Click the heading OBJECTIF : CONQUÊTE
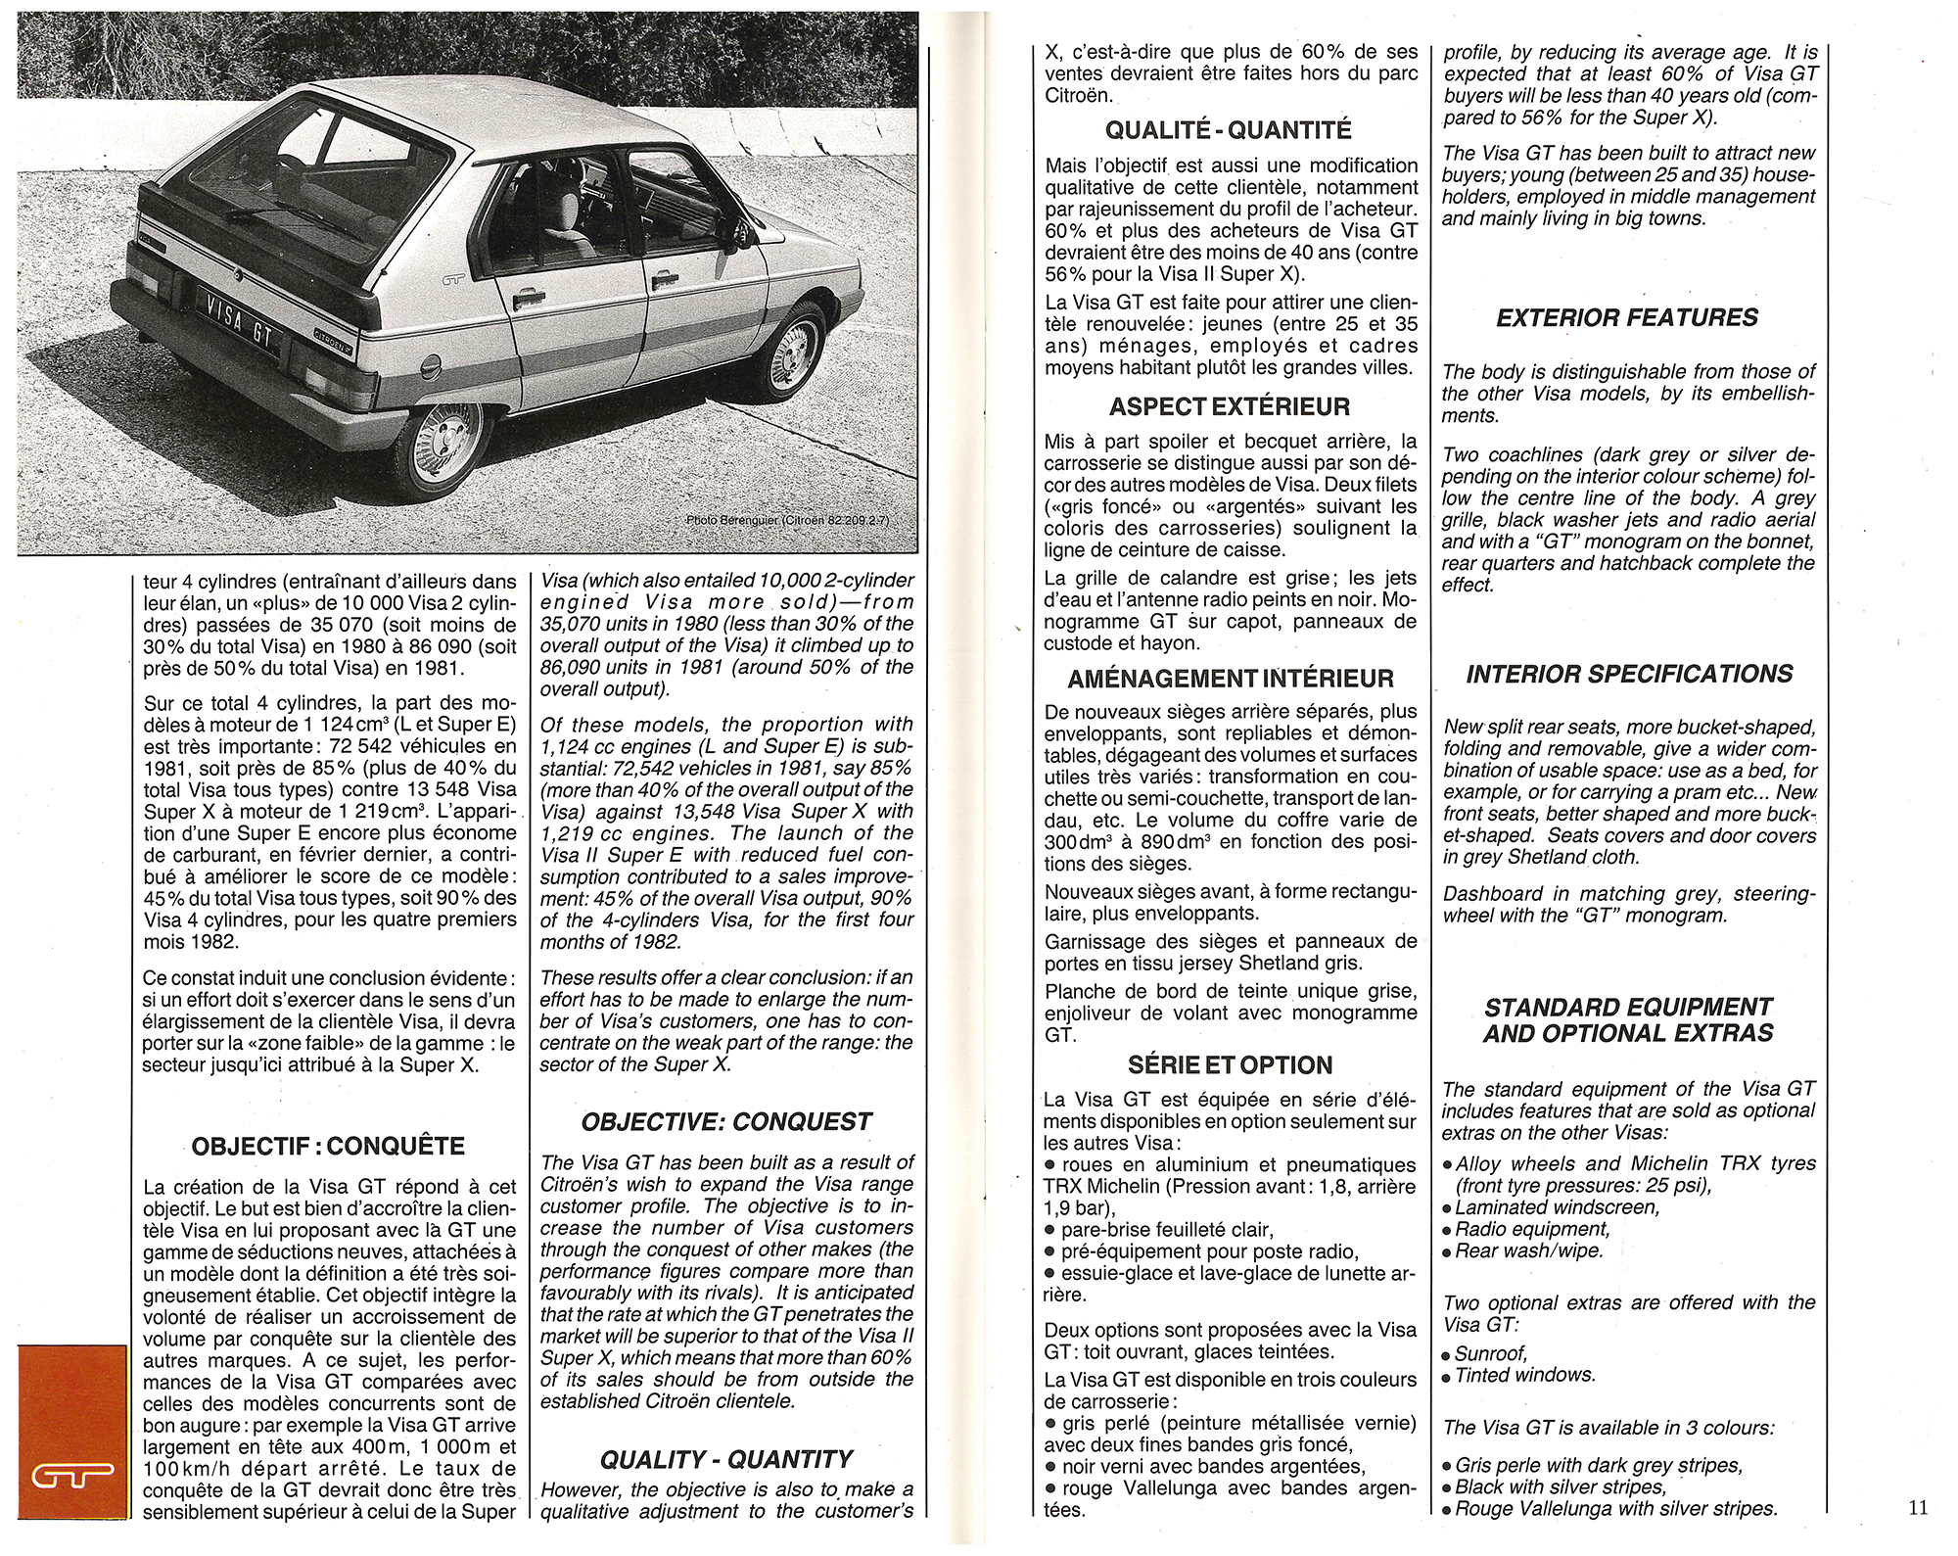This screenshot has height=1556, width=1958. tap(328, 1146)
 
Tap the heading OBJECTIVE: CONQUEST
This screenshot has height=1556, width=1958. tap(725, 1121)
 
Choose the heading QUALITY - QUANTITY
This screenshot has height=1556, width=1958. tap(725, 1459)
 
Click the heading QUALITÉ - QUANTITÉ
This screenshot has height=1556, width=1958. tap(1228, 130)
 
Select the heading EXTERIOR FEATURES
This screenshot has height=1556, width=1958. tap(1626, 317)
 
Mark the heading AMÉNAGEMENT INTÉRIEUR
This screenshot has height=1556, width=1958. tap(1231, 679)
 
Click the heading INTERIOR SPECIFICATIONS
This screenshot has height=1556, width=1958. tap(1629, 674)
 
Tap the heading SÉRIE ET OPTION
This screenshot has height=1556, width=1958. tap(1230, 1064)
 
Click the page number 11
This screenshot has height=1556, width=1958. tap(1917, 1508)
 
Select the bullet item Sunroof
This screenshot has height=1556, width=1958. tap(1491, 1353)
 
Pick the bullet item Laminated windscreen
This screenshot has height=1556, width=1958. tap(1557, 1207)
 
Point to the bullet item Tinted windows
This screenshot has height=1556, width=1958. tap(1524, 1375)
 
